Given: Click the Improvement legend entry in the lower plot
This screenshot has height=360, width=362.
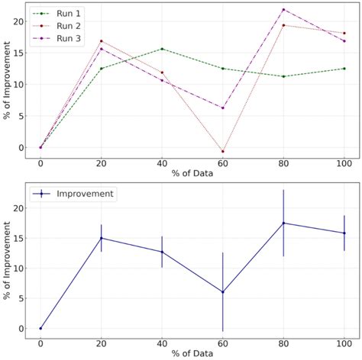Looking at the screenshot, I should pyautogui.click(x=80, y=194).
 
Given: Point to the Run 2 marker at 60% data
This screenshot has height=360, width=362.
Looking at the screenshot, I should pyautogui.click(x=223, y=151).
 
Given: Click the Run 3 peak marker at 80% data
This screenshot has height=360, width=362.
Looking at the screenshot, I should pyautogui.click(x=283, y=10).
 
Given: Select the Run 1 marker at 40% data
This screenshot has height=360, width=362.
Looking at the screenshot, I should pyautogui.click(x=162, y=49).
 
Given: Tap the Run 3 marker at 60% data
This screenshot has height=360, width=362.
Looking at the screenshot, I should pyautogui.click(x=223, y=108).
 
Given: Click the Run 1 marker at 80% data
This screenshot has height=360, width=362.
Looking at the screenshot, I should pyautogui.click(x=283, y=76).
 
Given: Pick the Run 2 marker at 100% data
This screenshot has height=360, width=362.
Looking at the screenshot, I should pyautogui.click(x=344, y=33).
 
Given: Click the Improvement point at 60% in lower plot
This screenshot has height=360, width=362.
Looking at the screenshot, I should pyautogui.click(x=223, y=292).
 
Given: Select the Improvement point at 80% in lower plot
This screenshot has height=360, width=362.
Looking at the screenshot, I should pyautogui.click(x=283, y=223).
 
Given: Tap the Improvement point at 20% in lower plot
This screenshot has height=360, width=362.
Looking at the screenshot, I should pyautogui.click(x=101, y=238).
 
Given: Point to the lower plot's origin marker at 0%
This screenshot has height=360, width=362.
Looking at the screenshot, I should pyautogui.click(x=40, y=328).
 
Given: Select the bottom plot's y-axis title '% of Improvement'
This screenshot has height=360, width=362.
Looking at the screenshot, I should pyautogui.click(x=7, y=260).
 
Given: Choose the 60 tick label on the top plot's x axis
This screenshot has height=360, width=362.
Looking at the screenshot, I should pyautogui.click(x=223, y=163).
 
